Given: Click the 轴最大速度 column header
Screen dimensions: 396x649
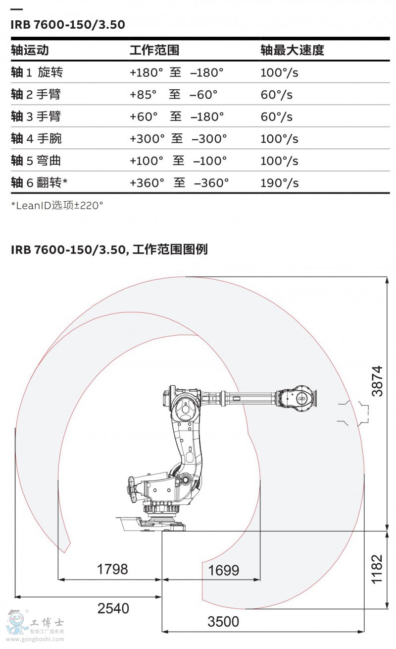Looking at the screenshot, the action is click(292, 50).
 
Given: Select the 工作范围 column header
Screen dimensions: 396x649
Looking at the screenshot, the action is click(154, 50).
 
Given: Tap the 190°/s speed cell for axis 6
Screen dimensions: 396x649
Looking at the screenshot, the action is click(279, 183).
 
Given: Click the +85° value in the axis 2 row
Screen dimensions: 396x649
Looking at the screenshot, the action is click(143, 95).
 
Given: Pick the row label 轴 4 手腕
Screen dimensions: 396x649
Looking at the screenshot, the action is click(36, 138).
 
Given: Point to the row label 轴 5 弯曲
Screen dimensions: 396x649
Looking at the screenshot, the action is click(36, 161).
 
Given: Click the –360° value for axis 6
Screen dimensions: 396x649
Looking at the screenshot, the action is click(211, 183).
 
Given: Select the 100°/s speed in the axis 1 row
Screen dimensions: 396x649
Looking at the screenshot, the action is click(279, 72).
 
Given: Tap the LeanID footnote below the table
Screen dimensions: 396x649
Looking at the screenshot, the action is click(57, 205).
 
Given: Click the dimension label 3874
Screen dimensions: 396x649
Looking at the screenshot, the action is click(377, 381).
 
